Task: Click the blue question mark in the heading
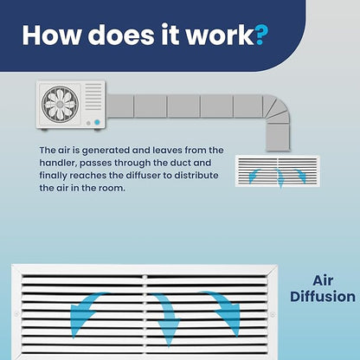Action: (x=261, y=35)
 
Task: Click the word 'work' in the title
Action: (x=220, y=35)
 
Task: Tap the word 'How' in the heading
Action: (x=52, y=35)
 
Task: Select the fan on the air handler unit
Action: (x=60, y=104)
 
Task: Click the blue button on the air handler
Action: (x=97, y=122)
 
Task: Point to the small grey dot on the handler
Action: (x=88, y=123)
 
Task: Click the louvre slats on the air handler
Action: (x=93, y=97)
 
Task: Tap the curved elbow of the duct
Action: (x=276, y=109)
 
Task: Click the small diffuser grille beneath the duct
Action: (x=278, y=170)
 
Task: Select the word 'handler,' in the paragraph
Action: (x=58, y=163)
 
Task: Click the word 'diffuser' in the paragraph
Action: (x=137, y=176)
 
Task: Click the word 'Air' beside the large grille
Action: (x=323, y=280)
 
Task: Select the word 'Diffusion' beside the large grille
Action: (x=323, y=297)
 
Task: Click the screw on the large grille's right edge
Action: (x=273, y=314)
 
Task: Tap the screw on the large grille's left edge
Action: (x=17, y=314)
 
